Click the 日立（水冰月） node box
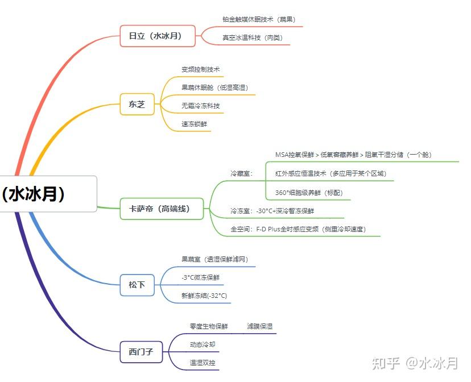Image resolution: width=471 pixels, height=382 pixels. (158, 36)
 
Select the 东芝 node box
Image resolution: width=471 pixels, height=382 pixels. (137, 104)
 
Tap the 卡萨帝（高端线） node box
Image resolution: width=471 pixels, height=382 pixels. (162, 209)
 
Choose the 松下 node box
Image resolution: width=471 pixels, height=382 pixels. (137, 285)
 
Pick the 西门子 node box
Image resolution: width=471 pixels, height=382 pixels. (141, 352)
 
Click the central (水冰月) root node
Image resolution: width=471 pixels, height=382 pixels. (48, 194)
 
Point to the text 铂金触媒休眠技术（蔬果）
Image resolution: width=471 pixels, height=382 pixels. (259, 19)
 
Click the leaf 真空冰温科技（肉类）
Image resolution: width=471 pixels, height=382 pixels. (253, 38)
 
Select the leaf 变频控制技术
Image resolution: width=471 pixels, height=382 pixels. (201, 69)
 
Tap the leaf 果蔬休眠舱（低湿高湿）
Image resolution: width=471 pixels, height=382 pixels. (215, 88)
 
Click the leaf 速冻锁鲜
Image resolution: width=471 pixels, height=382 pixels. (195, 124)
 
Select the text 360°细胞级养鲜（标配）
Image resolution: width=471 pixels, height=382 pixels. (309, 193)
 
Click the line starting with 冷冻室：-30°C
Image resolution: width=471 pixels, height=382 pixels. (272, 211)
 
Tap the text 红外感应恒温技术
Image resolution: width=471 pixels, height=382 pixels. (301, 173)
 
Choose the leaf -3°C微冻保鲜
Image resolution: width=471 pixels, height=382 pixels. (201, 277)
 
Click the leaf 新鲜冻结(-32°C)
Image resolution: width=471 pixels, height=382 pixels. (204, 296)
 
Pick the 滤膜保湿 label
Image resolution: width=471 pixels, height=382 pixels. (260, 326)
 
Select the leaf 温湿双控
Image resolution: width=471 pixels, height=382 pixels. (203, 363)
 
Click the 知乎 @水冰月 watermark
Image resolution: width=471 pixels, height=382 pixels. (415, 363)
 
